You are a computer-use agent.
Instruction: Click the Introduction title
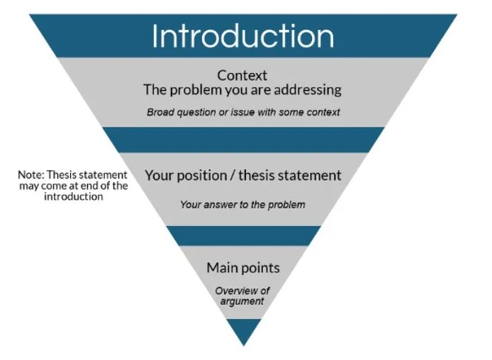pyautogui.click(x=242, y=36)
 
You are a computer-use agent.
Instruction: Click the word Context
pyautogui.click(x=242, y=75)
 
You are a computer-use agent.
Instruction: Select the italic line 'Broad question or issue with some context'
pyautogui.click(x=243, y=112)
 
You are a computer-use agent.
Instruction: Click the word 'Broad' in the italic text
pyautogui.click(x=160, y=112)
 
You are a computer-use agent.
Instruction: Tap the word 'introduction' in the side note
pyautogui.click(x=73, y=196)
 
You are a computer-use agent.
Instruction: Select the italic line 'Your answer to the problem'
pyautogui.click(x=242, y=205)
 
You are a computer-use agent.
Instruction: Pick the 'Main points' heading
pyautogui.click(x=243, y=268)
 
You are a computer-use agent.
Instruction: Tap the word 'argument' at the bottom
pyautogui.click(x=242, y=301)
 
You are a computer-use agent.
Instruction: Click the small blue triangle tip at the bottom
pyautogui.click(x=243, y=330)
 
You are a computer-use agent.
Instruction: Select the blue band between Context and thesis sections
pyautogui.click(x=243, y=140)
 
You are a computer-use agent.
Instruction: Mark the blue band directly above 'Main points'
pyautogui.click(x=243, y=235)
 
